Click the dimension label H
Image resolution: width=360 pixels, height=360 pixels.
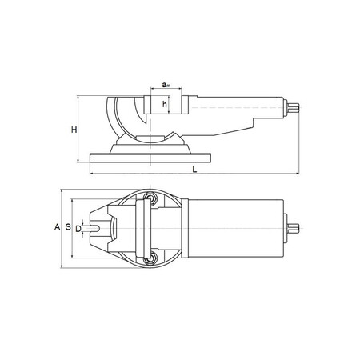point(74,130)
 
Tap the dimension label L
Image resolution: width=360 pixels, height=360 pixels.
point(194,170)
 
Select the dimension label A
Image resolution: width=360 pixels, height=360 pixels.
point(57,227)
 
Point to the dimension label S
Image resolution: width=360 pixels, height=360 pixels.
point(68,227)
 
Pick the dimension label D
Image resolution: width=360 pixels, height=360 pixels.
point(78,229)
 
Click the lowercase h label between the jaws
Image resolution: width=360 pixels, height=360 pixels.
point(165,104)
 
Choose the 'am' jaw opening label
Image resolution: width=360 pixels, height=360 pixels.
point(166,85)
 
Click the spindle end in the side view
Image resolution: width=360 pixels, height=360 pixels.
point(293,107)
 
